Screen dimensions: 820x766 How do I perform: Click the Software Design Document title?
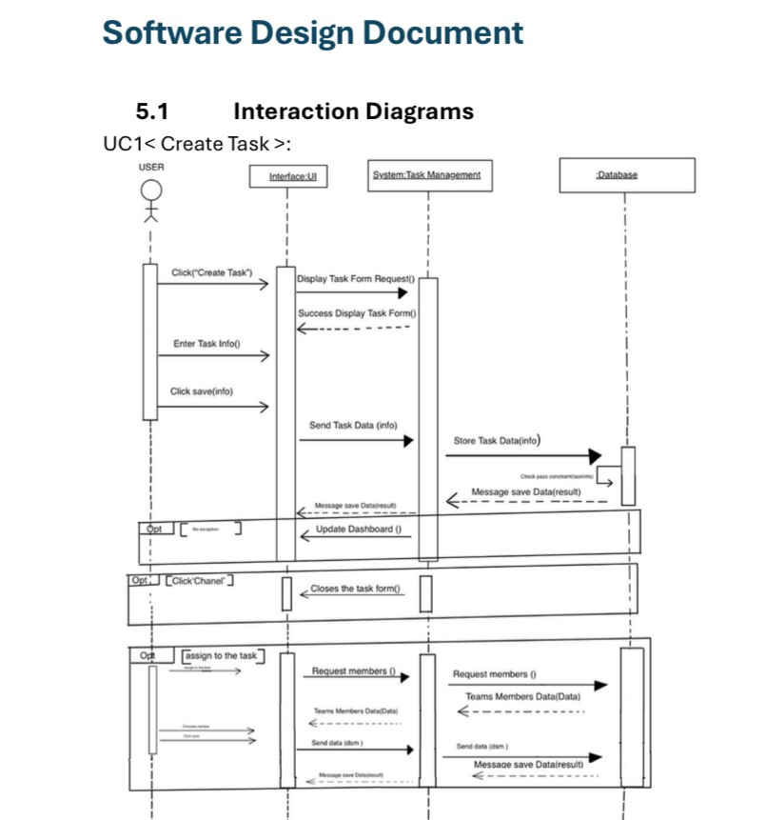[312, 32]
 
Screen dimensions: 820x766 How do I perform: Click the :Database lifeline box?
[616, 174]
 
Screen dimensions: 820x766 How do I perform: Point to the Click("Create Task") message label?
[211, 273]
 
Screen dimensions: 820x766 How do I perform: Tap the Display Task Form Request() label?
[356, 279]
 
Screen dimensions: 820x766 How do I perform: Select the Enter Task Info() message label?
[206, 344]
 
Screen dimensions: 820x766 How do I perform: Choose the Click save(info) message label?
[201, 391]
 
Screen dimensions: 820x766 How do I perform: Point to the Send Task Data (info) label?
[353, 426]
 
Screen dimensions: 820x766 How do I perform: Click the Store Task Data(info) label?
[498, 441]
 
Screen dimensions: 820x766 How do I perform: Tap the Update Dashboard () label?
[358, 529]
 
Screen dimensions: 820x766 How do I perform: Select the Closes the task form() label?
[355, 589]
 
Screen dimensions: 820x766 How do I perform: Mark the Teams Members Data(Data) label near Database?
[522, 697]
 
